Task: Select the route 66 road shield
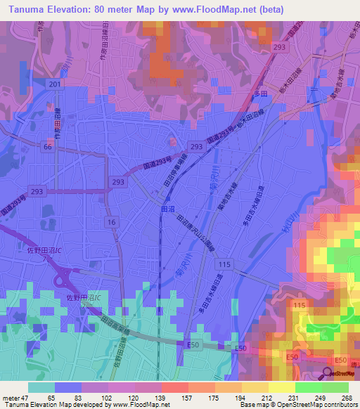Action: tap(48, 147)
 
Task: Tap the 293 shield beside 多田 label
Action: tap(280, 46)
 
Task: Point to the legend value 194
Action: tap(228, 397)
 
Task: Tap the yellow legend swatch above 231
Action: tap(281, 387)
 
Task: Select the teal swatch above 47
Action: tap(42, 387)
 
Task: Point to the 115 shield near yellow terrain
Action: tap(298, 304)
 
